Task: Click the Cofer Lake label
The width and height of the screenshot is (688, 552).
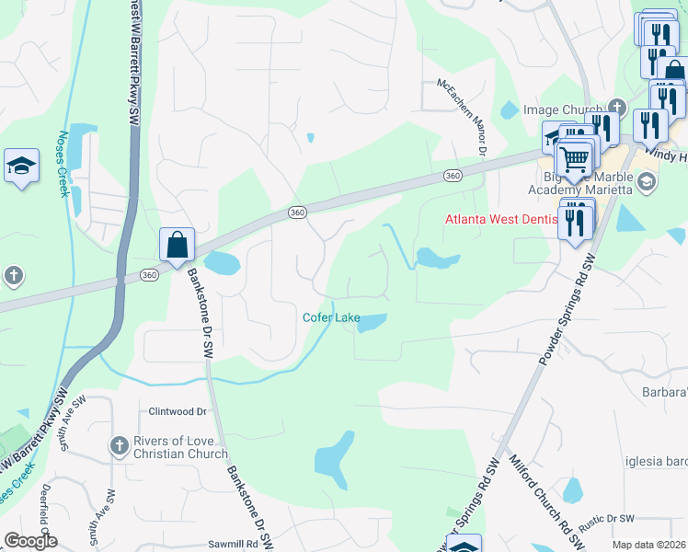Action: (x=331, y=318)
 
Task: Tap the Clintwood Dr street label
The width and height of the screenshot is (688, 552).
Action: (x=177, y=411)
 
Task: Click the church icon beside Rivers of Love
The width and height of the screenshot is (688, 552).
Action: (x=118, y=447)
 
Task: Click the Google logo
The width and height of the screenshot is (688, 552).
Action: (x=30, y=541)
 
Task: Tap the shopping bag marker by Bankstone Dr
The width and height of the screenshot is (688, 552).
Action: (x=177, y=245)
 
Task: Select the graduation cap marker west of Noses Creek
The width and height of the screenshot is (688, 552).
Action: (x=21, y=167)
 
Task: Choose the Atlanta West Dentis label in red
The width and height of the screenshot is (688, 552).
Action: (x=501, y=220)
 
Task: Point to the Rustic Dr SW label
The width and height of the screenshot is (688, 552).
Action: (x=606, y=520)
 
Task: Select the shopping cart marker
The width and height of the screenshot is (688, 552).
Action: (x=574, y=160)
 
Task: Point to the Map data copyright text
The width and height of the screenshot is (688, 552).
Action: (x=648, y=545)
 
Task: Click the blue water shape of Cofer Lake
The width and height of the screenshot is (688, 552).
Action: (x=372, y=323)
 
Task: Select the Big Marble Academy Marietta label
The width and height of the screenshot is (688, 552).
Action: (x=581, y=182)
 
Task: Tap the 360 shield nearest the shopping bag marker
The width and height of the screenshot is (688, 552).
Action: (x=148, y=275)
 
